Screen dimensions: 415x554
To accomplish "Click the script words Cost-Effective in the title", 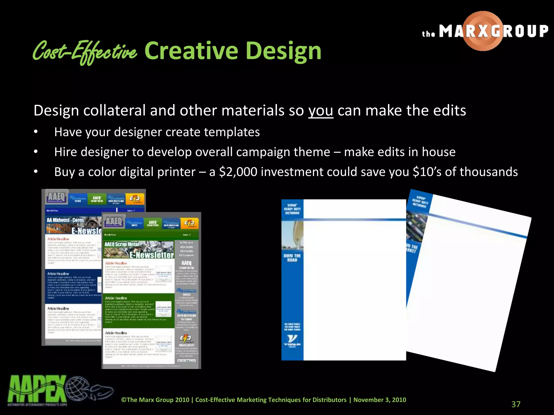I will point(84,51).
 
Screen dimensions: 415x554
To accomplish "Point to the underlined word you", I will point(321,111).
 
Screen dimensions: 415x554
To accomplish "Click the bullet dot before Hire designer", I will point(36,152).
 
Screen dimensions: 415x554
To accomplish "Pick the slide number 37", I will point(516,404).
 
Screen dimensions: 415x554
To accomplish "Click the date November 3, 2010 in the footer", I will point(380,400).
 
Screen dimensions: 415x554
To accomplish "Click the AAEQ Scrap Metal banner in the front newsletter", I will point(122,244).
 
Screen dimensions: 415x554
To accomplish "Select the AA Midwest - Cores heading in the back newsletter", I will point(65,220).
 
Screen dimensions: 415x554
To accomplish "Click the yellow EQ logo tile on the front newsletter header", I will point(189,223).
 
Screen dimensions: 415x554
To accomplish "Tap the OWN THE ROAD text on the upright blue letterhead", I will point(292,257).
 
